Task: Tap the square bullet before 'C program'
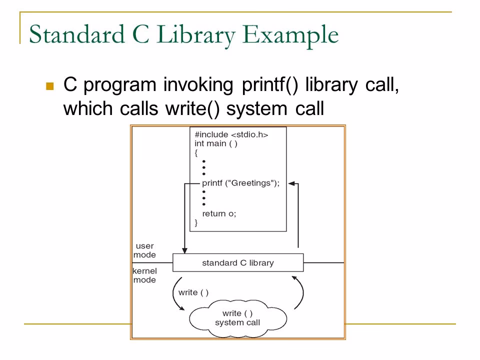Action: pyautogui.click(x=49, y=86)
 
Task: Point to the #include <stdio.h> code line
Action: pyautogui.click(x=231, y=134)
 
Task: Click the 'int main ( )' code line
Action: pyautogui.click(x=216, y=143)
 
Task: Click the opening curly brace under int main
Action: pyautogui.click(x=196, y=152)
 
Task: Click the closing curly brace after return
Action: pyautogui.click(x=196, y=223)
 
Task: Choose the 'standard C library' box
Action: pyautogui.click(x=237, y=262)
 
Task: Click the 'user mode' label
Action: pyautogui.click(x=145, y=250)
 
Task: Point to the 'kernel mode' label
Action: pyautogui.click(x=144, y=275)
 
